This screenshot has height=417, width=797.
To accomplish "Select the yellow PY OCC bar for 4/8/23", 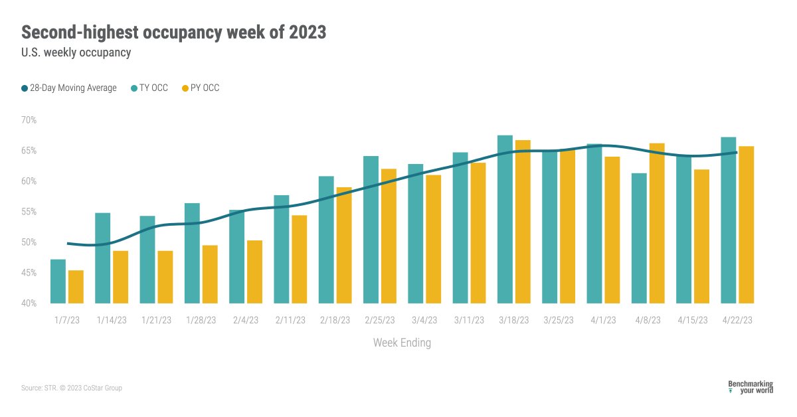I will pos(657,223).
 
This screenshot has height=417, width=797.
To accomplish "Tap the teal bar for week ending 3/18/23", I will pos(505,219).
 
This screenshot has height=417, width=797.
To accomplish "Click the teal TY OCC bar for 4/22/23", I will pos(729,220).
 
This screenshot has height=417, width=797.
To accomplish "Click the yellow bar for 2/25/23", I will pos(389,236).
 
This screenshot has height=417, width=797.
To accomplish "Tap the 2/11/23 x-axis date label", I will pos(290,320).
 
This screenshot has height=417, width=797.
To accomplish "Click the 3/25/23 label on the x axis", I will pos(558,320).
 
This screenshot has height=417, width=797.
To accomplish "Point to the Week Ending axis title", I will pos(402,343).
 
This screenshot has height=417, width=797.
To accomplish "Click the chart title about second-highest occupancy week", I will pos(174,32).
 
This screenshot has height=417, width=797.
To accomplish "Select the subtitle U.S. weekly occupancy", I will pos(76,53).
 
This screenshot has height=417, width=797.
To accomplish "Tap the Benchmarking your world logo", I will pos(751,387).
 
